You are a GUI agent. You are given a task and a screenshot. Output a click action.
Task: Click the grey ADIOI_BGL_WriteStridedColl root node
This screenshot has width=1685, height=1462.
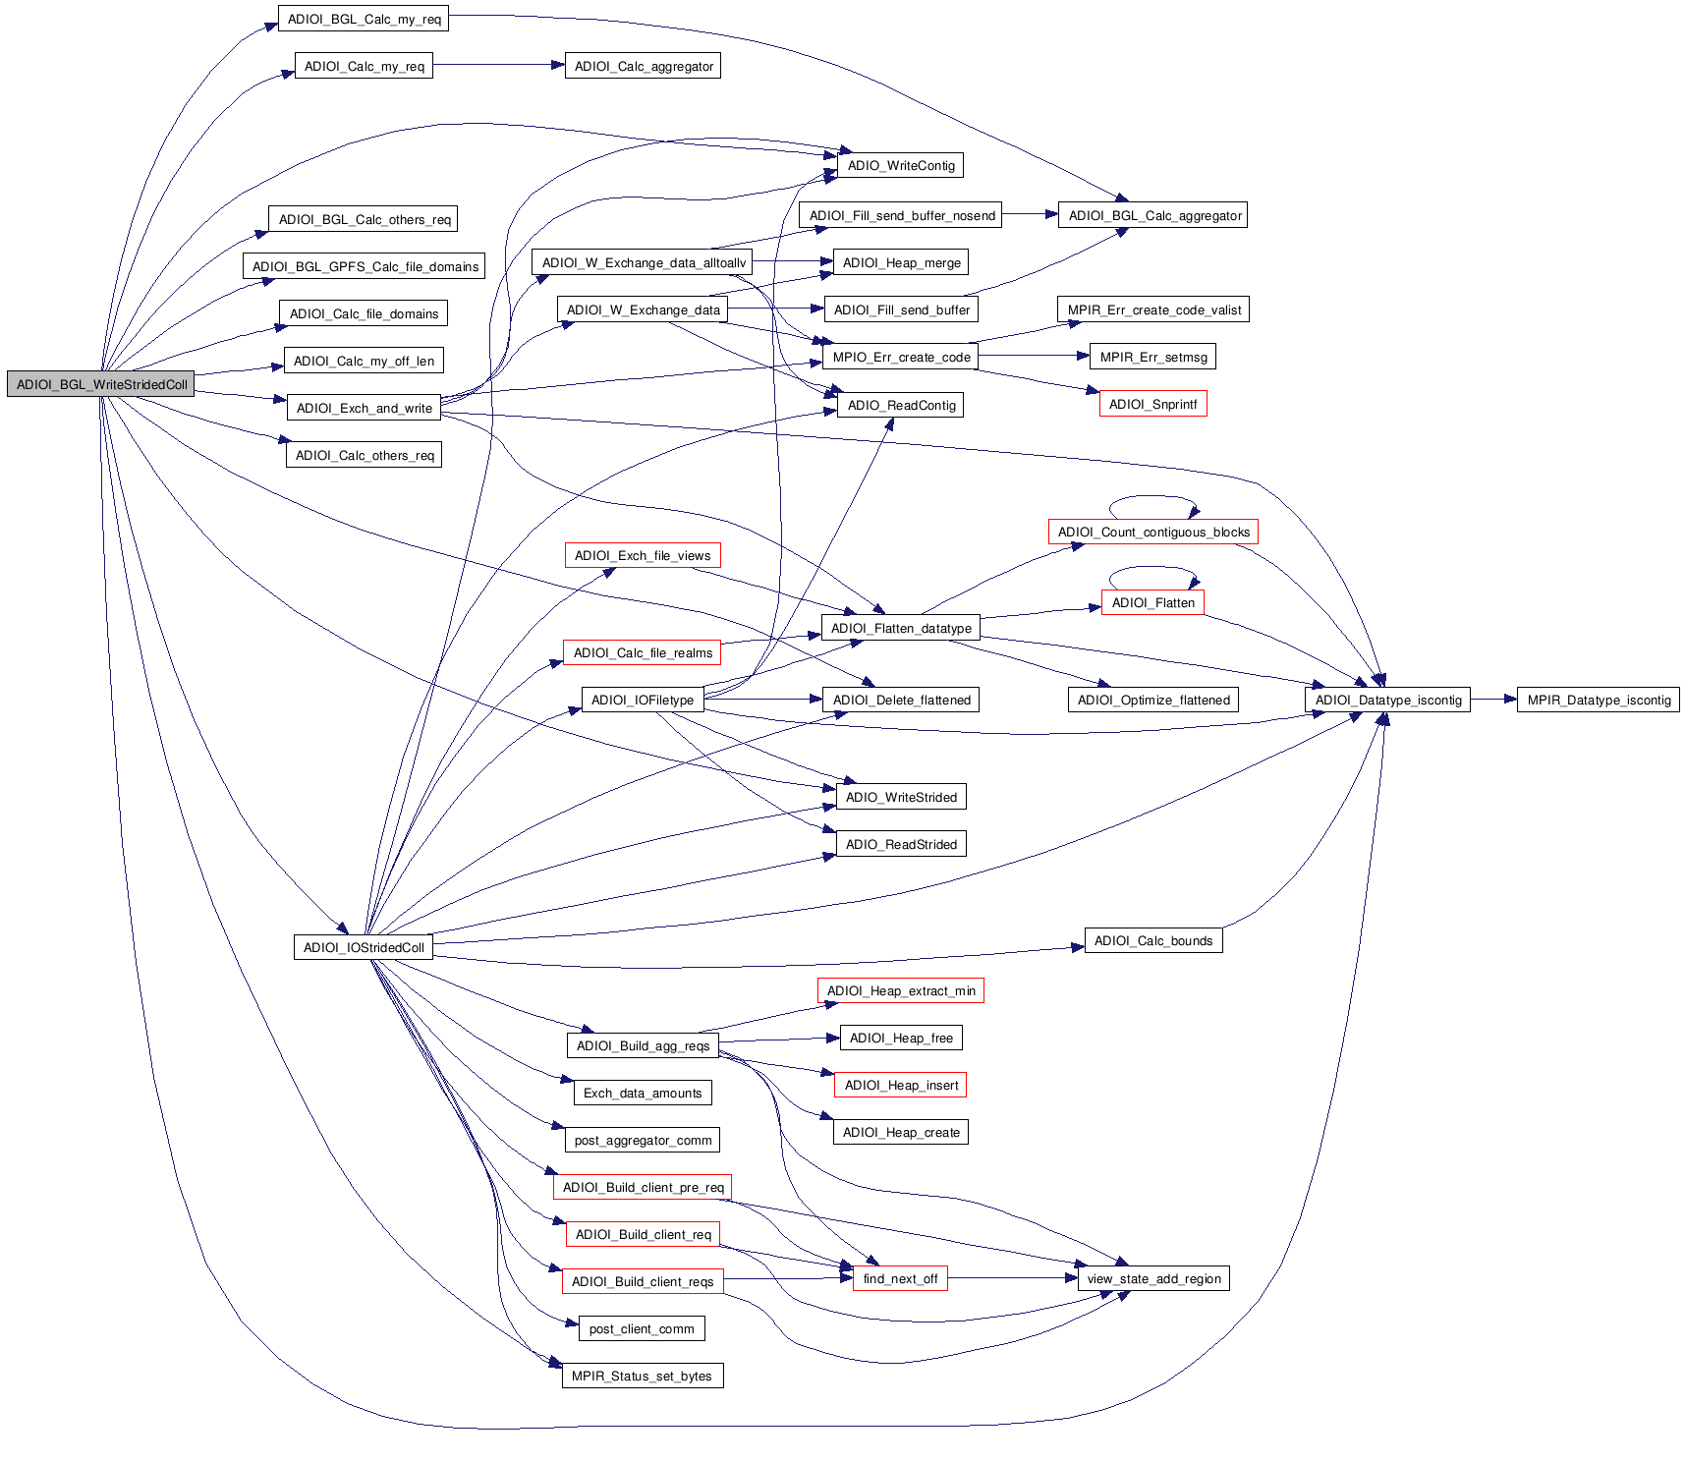(x=101, y=384)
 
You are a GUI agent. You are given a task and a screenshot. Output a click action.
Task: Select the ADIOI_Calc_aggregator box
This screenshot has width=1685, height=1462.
(x=643, y=66)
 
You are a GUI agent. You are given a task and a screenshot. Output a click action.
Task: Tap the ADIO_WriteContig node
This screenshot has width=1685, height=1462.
(x=900, y=165)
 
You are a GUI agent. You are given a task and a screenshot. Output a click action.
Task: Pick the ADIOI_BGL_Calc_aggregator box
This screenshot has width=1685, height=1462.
(x=1153, y=215)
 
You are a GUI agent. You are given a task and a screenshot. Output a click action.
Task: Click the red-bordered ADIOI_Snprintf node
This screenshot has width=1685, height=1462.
(x=1152, y=404)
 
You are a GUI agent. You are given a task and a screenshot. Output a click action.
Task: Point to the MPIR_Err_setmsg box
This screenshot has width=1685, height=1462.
(x=1152, y=357)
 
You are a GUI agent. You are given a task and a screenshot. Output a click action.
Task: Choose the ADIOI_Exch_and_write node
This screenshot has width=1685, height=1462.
(x=364, y=408)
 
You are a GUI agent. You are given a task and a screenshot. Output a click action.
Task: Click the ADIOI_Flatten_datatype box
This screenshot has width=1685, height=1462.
(x=900, y=628)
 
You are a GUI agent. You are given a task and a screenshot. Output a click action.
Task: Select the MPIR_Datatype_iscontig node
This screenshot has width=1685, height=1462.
(x=1598, y=700)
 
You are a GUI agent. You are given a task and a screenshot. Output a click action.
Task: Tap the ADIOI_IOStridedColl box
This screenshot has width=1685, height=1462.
(x=364, y=947)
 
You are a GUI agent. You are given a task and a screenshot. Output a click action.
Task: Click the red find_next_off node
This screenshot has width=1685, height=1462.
(x=900, y=1278)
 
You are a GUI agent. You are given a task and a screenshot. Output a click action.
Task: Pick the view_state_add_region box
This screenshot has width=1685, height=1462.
(x=1153, y=1278)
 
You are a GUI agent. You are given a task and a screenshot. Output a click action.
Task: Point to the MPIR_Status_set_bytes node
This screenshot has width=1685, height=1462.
(x=642, y=1376)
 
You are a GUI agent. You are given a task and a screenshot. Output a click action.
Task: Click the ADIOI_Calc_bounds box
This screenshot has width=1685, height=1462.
(x=1153, y=940)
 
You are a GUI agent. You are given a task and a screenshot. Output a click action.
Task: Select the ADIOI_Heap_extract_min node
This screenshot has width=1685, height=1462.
(x=900, y=990)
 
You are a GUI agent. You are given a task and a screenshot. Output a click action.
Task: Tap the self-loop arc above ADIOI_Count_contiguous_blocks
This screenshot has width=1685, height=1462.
(x=1153, y=497)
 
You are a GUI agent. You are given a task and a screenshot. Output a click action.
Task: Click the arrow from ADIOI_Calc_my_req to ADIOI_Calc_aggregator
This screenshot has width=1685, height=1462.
(x=498, y=66)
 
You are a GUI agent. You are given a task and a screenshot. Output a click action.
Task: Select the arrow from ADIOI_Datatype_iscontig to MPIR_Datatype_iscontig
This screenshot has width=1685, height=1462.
(x=1493, y=700)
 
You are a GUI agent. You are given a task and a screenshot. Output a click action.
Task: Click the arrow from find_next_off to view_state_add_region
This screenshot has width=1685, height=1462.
(x=1012, y=1278)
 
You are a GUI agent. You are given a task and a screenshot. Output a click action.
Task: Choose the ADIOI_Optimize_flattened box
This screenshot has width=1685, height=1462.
(x=1153, y=700)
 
